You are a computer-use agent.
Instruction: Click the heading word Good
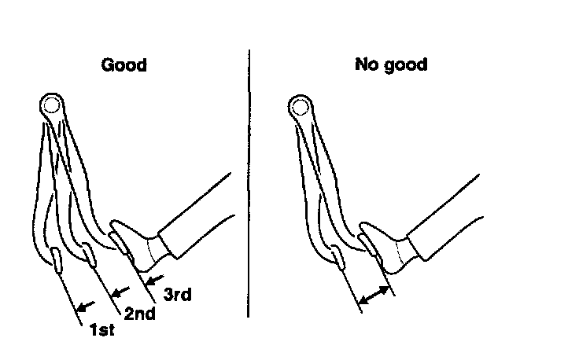pos(124,65)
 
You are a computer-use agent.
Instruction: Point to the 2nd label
pos(139,313)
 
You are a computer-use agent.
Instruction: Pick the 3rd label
pos(178,295)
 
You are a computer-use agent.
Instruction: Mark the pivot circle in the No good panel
pos(298,104)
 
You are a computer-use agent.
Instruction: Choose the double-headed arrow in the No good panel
pos(374,296)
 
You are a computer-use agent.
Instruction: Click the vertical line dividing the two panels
pos(249,181)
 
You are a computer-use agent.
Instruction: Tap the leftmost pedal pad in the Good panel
pos(57,257)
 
